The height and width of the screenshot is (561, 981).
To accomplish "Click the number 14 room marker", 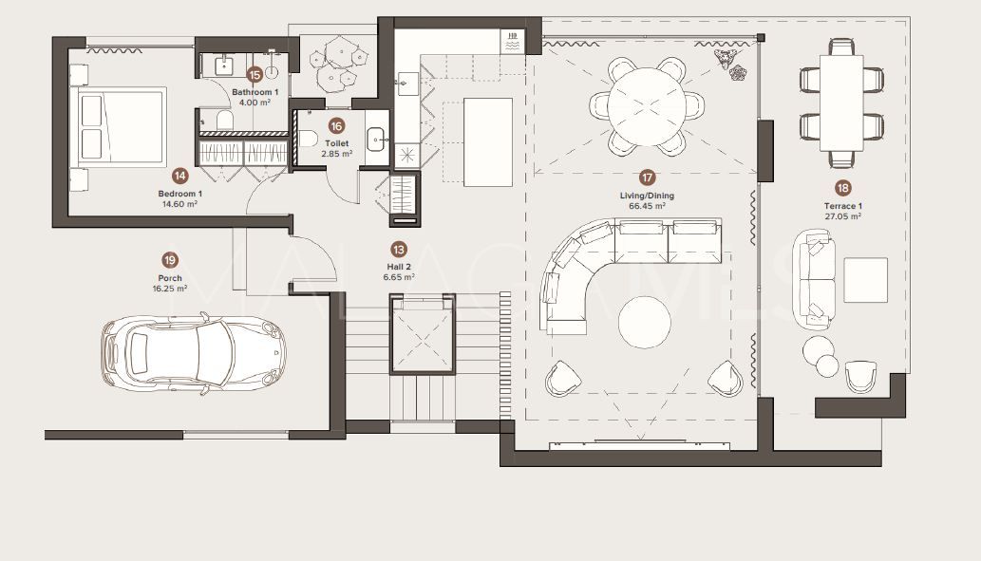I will coord(179,175).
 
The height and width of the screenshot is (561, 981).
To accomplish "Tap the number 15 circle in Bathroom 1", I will coord(254,74).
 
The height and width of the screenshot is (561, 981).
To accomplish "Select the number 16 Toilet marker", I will coord(336,125).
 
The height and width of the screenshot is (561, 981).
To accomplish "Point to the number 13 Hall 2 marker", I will coord(399,250).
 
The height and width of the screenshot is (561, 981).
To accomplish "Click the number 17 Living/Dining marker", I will coord(647,178).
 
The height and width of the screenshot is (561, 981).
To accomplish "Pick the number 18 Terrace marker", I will coord(842,188).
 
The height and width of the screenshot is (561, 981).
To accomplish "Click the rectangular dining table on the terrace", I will coord(841,103).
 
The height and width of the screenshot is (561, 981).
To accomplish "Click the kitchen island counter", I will coord(488,140).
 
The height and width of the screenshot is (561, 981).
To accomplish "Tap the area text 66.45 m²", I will coord(647,205).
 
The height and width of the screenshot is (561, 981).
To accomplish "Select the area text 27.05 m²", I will coord(842,215).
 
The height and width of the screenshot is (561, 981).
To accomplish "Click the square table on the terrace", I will coord(865,279).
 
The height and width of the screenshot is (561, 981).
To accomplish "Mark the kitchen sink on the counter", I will coord(406,83).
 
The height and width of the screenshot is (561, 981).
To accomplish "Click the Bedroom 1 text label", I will coord(179,194).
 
